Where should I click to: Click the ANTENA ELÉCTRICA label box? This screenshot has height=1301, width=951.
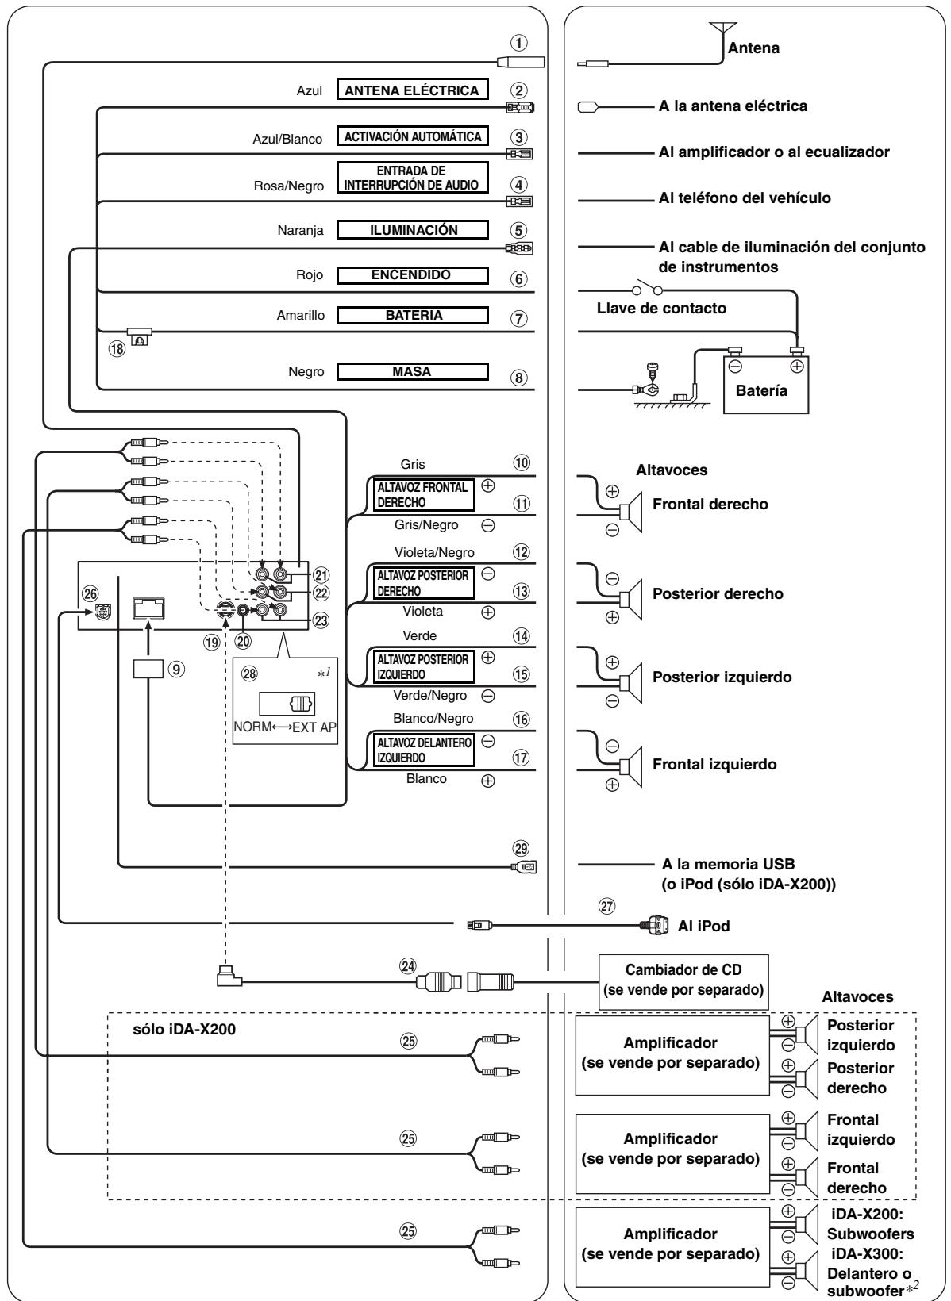[412, 90]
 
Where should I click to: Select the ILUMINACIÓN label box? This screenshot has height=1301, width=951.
[412, 230]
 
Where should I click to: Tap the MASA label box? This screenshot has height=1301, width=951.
[412, 371]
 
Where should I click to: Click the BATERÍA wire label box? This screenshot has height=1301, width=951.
[412, 316]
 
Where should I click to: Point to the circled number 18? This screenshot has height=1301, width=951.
[117, 348]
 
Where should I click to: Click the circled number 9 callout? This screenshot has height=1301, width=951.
[176, 669]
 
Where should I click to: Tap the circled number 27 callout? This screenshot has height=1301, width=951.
[606, 905]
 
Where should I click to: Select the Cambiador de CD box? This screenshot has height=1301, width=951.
[683, 981]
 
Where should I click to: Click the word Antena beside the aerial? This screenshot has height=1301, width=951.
[753, 48]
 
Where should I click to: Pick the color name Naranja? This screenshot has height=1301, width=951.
[300, 231]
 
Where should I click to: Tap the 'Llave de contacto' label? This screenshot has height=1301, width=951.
[661, 308]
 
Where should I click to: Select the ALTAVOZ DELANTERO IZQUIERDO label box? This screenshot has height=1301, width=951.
[424, 750]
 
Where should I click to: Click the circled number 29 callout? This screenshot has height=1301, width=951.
[521, 849]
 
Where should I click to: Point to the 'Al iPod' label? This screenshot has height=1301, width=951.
[703, 926]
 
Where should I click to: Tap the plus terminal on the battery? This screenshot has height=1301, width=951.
[797, 367]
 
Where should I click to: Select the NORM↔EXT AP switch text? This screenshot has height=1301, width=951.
[285, 727]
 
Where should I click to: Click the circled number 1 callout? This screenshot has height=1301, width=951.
[518, 42]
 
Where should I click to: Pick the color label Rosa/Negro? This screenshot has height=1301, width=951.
[289, 186]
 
